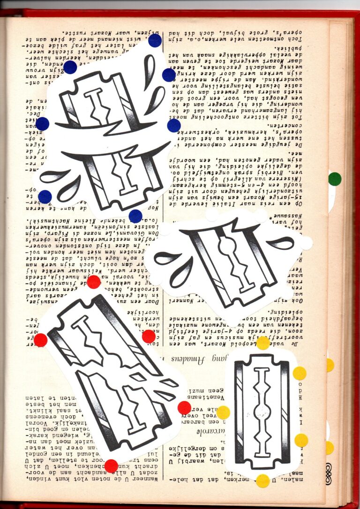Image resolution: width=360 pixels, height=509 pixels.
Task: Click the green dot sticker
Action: [x=335, y=179]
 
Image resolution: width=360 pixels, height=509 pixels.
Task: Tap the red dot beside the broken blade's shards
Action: [x=184, y=408]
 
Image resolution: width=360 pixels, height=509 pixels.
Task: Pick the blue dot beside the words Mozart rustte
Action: [x=155, y=41]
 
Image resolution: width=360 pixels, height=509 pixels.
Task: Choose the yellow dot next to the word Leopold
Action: [x=263, y=343]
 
